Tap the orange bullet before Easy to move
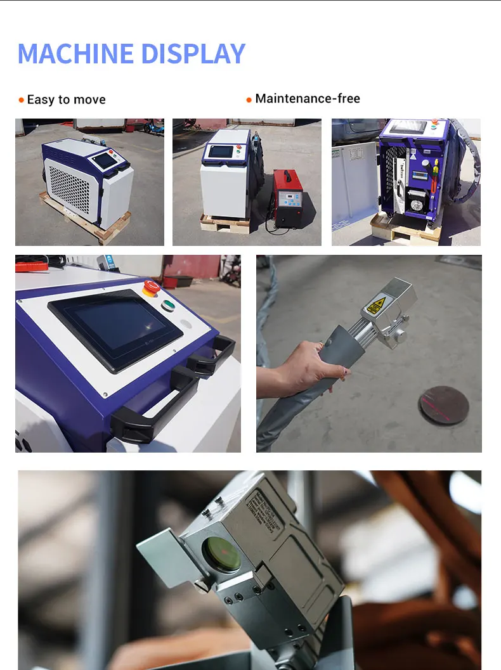click(x=22, y=100)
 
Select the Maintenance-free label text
click(x=308, y=98)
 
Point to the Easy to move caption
click(x=66, y=100)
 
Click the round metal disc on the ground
click(x=443, y=404)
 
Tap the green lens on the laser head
click(x=221, y=551)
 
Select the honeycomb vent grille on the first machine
click(x=70, y=190)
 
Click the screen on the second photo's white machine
click(x=222, y=151)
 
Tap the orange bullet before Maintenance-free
click(x=249, y=100)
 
